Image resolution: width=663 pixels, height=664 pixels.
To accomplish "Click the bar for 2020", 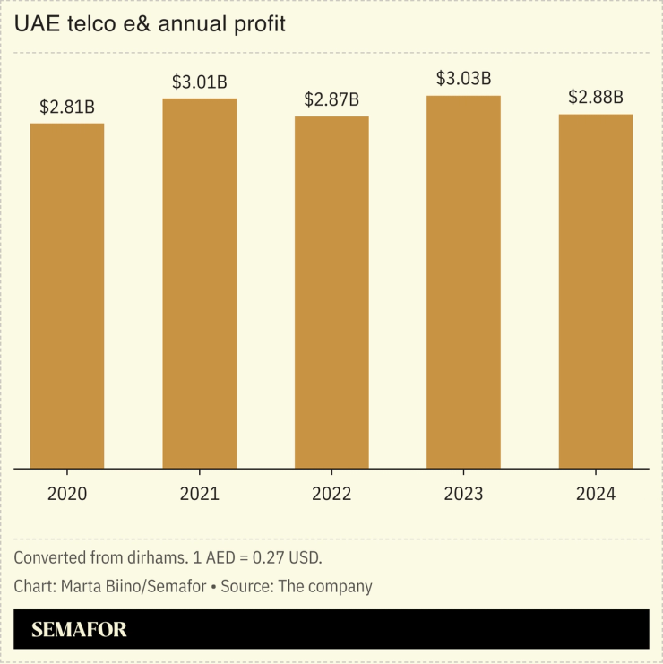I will [x=67, y=296].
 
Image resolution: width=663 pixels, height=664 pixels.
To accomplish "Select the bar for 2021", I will [x=199, y=283].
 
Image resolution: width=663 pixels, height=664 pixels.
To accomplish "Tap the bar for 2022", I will [x=331, y=292].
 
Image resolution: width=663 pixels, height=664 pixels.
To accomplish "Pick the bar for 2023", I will [x=463, y=281].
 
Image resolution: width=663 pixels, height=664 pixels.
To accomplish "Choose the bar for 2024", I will [x=596, y=291].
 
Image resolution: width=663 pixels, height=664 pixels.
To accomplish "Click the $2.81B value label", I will [x=67, y=108].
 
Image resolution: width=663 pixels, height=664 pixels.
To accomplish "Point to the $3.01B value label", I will [x=199, y=82].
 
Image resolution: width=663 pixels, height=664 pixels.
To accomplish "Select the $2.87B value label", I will [x=331, y=100].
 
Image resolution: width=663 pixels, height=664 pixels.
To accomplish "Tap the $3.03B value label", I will [x=463, y=79].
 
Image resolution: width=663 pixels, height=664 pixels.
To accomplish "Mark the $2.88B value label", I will [x=596, y=98].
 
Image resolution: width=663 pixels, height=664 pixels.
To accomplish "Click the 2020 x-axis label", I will [x=67, y=494].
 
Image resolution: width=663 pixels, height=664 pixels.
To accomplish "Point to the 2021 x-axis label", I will [x=199, y=494].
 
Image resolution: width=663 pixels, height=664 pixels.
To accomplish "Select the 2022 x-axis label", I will [x=331, y=494].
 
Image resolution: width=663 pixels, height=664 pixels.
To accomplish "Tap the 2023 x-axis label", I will [x=463, y=494].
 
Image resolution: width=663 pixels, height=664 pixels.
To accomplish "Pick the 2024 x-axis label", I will [x=596, y=494].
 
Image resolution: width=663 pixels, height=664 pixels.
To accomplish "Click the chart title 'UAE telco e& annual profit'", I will [x=150, y=25].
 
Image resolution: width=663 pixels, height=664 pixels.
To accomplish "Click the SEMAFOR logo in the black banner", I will [x=79, y=630].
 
